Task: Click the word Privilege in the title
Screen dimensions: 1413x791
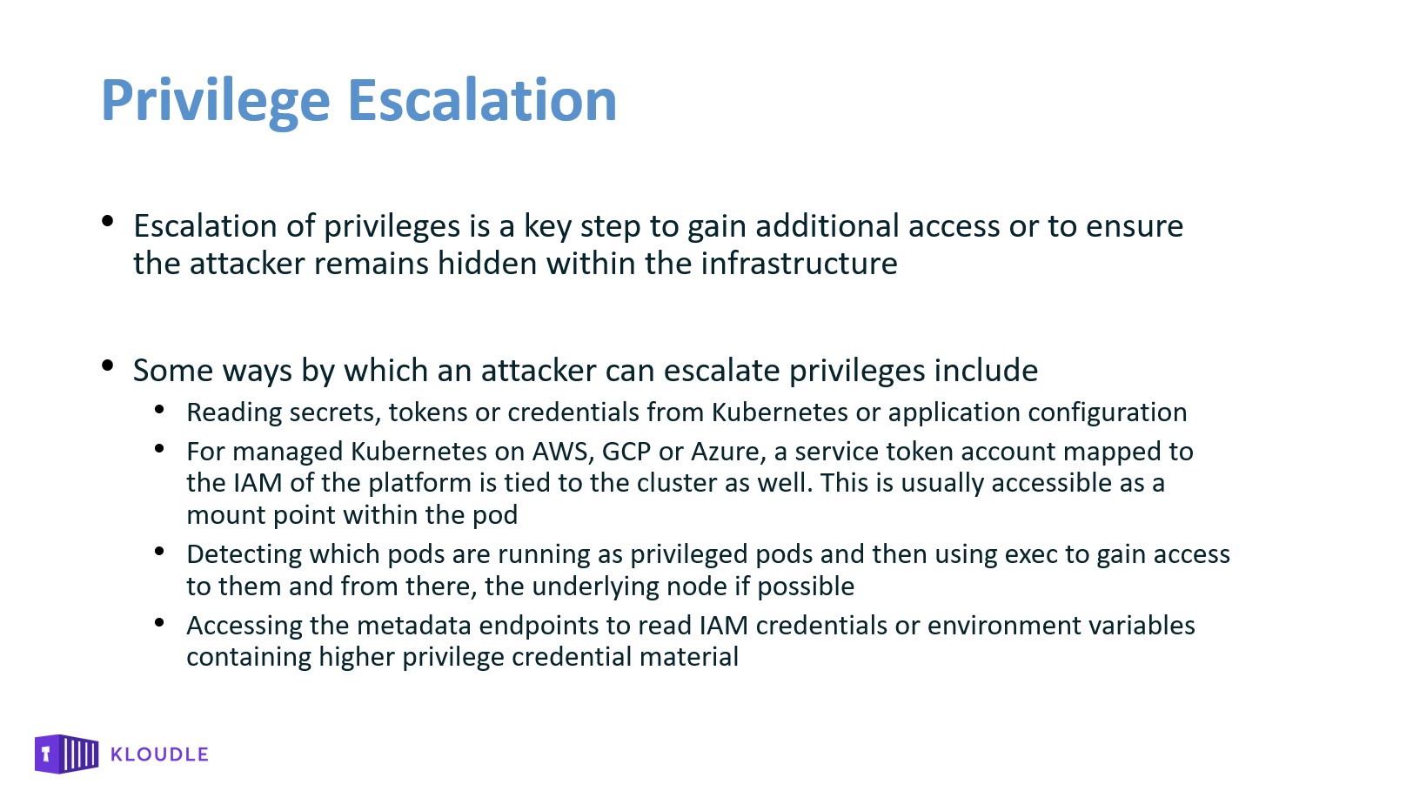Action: [216, 101]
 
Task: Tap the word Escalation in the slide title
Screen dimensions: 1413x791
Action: [482, 100]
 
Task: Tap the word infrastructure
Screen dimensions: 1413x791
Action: [800, 263]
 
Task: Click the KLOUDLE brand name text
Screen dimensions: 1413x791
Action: [159, 754]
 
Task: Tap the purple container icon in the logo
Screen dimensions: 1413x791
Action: [66, 754]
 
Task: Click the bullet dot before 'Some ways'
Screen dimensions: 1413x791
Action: [107, 365]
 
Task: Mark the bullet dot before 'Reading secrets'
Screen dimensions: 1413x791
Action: [159, 410]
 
